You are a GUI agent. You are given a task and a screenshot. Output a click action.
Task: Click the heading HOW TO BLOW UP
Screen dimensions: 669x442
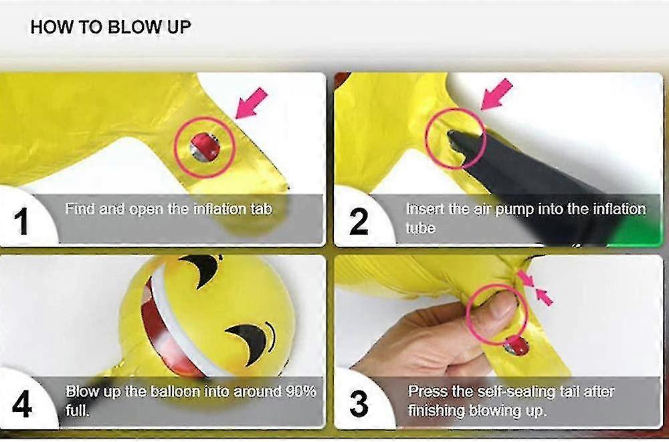110,27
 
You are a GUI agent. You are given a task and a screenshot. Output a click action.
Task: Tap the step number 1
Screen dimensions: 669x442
21,222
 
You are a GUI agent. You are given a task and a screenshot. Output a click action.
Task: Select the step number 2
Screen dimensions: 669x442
359,222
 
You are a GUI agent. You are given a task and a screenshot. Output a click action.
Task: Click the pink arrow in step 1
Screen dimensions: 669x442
252,103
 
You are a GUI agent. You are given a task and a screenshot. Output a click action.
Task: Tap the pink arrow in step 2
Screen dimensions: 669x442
496,94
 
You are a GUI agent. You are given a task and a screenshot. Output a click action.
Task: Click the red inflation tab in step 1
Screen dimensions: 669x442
205,147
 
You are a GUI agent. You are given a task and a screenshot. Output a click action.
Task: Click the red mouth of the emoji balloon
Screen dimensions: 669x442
165,333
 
